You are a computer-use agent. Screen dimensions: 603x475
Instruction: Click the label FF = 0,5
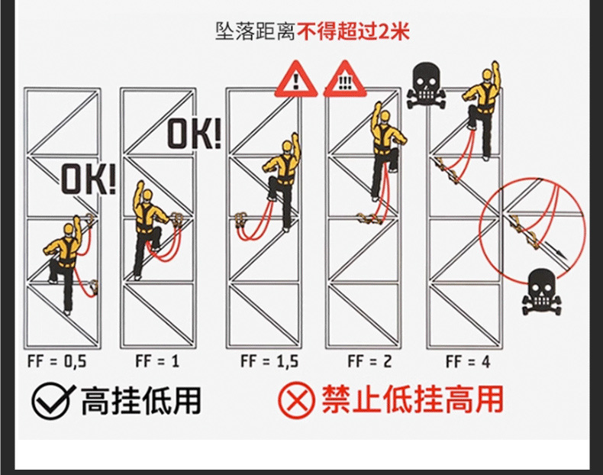click(x=56, y=360)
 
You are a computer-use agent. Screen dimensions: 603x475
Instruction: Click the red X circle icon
click(x=296, y=401)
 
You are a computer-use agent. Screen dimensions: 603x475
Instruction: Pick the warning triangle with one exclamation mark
click(x=295, y=79)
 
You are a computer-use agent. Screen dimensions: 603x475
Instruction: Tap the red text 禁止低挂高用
click(x=412, y=401)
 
